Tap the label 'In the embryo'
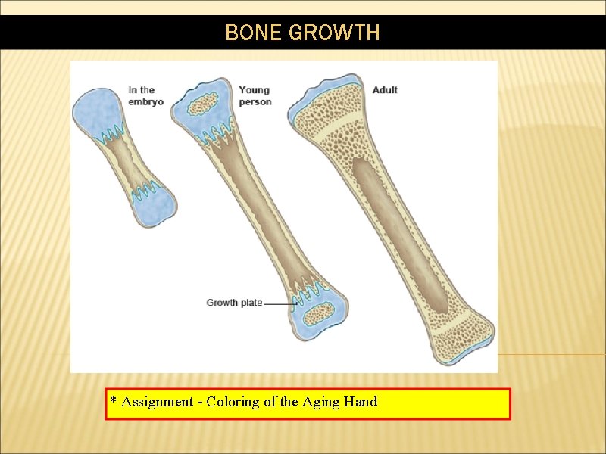pos(145,95)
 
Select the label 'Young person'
pos(255,95)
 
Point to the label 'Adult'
pos(385,89)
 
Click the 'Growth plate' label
pos(234,303)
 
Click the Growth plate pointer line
pos(279,303)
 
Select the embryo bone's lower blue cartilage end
pos(155,207)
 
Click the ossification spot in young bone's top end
pos(202,104)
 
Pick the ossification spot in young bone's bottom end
pos(318,313)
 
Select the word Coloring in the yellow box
pos(233,402)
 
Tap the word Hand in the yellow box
pos(361,402)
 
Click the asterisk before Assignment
pos(113,400)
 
